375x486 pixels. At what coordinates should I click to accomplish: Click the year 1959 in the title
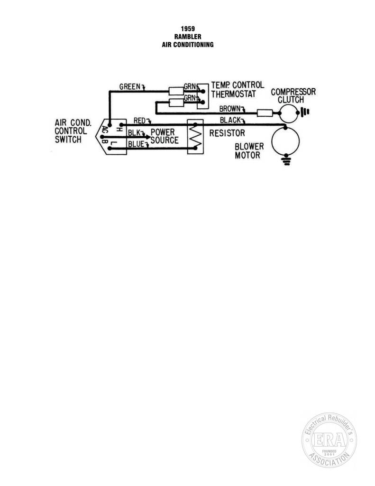(x=188, y=29)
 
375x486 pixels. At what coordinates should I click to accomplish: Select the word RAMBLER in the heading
(x=188, y=37)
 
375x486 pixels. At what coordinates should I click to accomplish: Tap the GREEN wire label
(x=130, y=86)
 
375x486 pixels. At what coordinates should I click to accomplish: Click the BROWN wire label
(x=230, y=109)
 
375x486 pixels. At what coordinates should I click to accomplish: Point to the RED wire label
(x=139, y=121)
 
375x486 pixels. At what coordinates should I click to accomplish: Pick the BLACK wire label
(x=230, y=120)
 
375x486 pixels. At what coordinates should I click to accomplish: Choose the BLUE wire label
(x=136, y=144)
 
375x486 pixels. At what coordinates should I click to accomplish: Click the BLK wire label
(x=134, y=133)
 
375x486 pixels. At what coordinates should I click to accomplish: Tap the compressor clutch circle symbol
(x=280, y=113)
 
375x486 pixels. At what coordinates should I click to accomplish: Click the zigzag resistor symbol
(x=196, y=136)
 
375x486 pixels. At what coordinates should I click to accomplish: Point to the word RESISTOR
(x=227, y=133)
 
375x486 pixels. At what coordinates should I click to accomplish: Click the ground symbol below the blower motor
(x=287, y=161)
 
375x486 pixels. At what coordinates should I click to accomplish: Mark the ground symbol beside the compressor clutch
(x=305, y=112)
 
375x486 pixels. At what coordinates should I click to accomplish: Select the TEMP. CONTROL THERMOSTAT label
(x=238, y=90)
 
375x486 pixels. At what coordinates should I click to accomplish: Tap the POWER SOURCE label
(x=165, y=136)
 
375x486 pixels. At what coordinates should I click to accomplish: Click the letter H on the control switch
(x=119, y=129)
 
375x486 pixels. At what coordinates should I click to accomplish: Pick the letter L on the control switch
(x=114, y=143)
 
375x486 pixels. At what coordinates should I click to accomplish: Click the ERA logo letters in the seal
(x=329, y=439)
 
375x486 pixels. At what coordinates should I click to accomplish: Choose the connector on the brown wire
(x=265, y=113)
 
